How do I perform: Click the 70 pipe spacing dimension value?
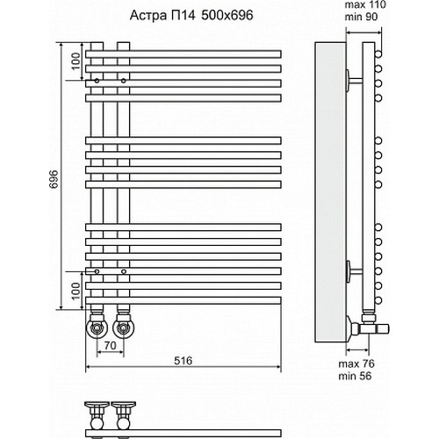pyautogui.click(x=110, y=345)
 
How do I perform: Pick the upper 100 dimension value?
pyautogui.click(x=76, y=61)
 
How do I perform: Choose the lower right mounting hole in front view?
pyautogui.click(x=124, y=272)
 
